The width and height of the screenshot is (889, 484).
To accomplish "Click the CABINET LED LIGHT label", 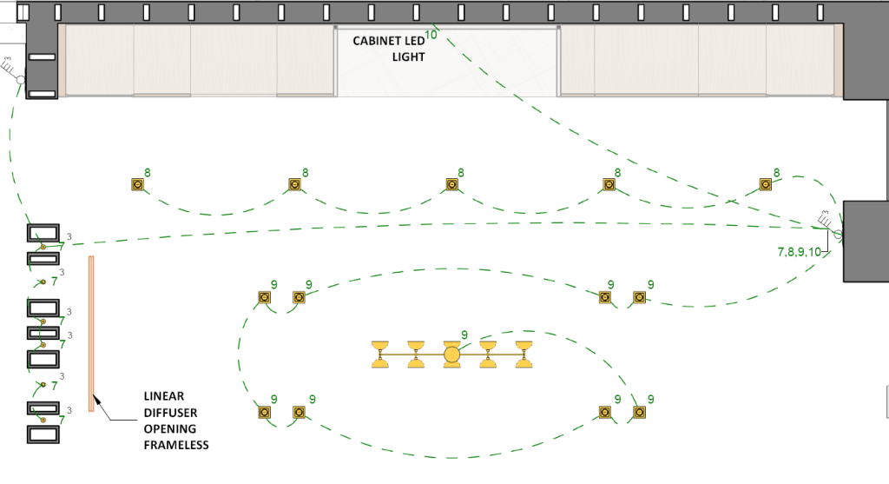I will [x=388, y=49].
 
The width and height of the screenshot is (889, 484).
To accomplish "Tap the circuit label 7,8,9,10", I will [x=799, y=252].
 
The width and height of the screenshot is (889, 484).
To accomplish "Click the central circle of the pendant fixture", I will [x=451, y=354].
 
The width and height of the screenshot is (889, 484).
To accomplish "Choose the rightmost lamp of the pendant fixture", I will [x=524, y=355].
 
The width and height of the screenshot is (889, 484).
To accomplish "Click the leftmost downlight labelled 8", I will [x=137, y=184].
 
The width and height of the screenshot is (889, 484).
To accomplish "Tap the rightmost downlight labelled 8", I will [x=766, y=184].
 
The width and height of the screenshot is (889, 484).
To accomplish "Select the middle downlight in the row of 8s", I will [x=451, y=184].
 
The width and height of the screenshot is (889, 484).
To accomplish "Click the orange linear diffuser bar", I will [x=90, y=334].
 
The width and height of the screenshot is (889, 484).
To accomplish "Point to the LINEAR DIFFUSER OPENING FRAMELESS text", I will [x=170, y=421].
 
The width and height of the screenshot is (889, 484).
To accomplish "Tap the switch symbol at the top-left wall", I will [x=18, y=77].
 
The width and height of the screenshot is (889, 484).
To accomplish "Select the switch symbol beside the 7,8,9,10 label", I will [x=838, y=234].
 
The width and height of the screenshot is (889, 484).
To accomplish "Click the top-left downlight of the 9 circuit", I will [x=264, y=297].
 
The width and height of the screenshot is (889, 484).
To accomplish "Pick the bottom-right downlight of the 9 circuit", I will [x=640, y=412].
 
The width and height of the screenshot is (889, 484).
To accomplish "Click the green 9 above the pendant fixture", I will [x=464, y=335].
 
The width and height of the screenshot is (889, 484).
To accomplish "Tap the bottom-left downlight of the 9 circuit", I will [x=264, y=412].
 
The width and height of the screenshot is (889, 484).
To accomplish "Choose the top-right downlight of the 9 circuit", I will [x=640, y=297].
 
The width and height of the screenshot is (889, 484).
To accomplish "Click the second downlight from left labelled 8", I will [x=294, y=184].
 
